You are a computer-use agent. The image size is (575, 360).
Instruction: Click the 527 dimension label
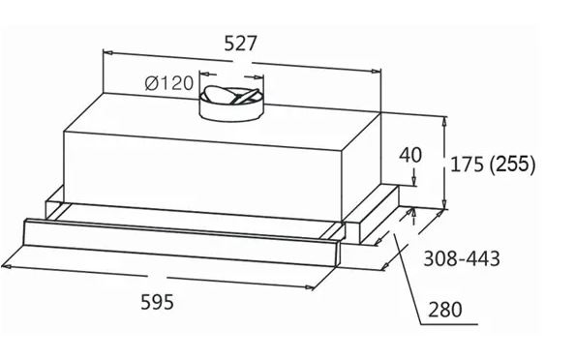pyautogui.click(x=240, y=44)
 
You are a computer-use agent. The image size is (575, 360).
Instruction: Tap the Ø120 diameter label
pyautogui.click(x=168, y=83)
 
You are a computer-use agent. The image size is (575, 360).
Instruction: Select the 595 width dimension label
pyautogui.click(x=158, y=302)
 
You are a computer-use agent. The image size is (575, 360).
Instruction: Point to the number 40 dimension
pyautogui.click(x=410, y=155)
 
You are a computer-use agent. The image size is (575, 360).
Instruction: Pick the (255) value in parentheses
pyautogui.click(x=512, y=164)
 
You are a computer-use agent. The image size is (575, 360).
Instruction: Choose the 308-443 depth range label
pyautogui.click(x=462, y=258)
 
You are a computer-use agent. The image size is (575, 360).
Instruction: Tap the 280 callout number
pyautogui.click(x=445, y=310)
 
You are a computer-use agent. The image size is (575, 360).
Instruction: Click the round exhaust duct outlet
pyautogui.click(x=231, y=104)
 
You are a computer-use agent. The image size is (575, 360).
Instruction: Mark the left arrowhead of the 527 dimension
pyautogui.click(x=107, y=53)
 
